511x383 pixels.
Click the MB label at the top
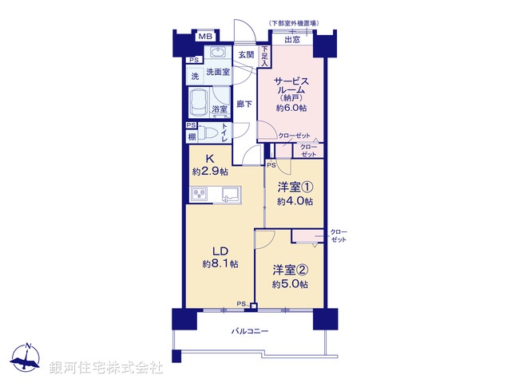(205, 37)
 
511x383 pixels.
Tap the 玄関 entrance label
(245, 54)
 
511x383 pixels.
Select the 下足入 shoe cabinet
(264, 55)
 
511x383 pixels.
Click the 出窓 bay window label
(292, 39)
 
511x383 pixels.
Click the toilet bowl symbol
(209, 133)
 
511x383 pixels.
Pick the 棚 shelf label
(192, 137)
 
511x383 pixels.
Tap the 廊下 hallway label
(244, 104)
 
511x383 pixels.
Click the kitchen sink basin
(230, 194)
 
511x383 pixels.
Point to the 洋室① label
(295, 189)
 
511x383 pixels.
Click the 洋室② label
(292, 270)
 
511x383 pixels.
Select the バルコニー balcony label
(250, 330)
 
